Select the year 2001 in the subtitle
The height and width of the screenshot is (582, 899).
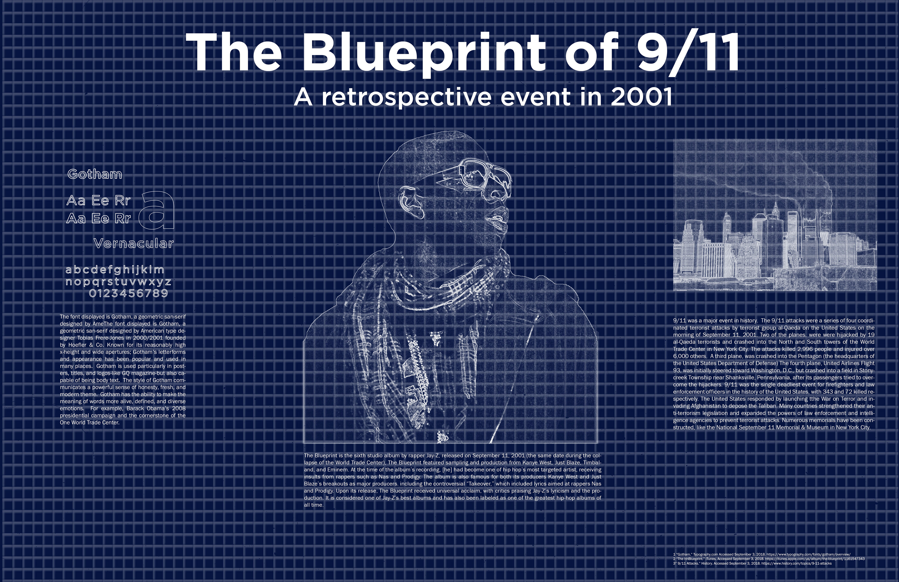641,97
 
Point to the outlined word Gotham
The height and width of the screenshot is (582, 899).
95,174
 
